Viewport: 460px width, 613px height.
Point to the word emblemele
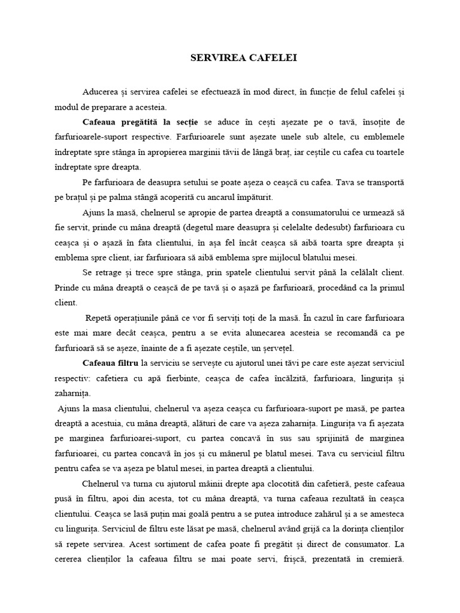click(x=384, y=137)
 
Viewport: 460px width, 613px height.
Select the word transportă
click(x=383, y=182)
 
